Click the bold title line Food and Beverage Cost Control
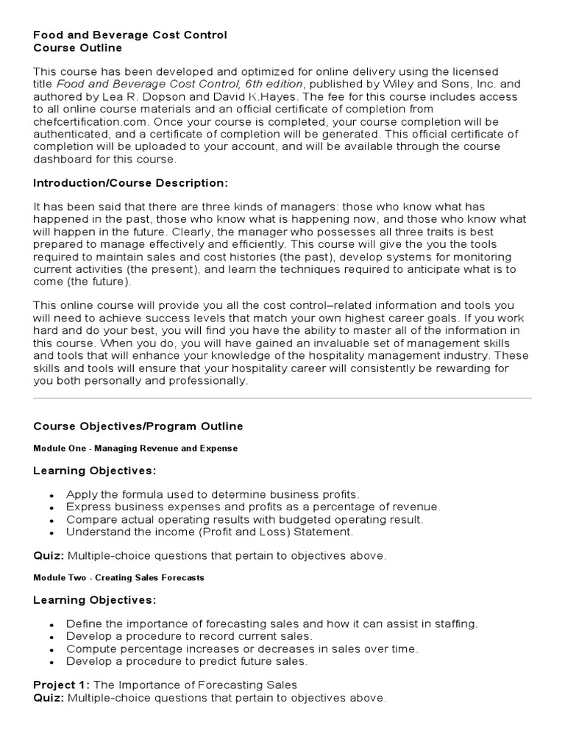[x=130, y=35]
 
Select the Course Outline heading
[x=77, y=48]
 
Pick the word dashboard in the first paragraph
[x=61, y=160]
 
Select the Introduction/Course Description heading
[x=130, y=182]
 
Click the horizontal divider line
[x=282, y=399]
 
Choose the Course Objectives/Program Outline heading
[x=138, y=427]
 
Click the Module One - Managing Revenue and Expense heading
[x=135, y=448]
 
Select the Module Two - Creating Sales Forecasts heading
[x=118, y=578]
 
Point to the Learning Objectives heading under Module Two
[x=95, y=600]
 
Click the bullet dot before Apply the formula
[x=51, y=495]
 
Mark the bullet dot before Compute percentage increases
[x=51, y=649]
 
